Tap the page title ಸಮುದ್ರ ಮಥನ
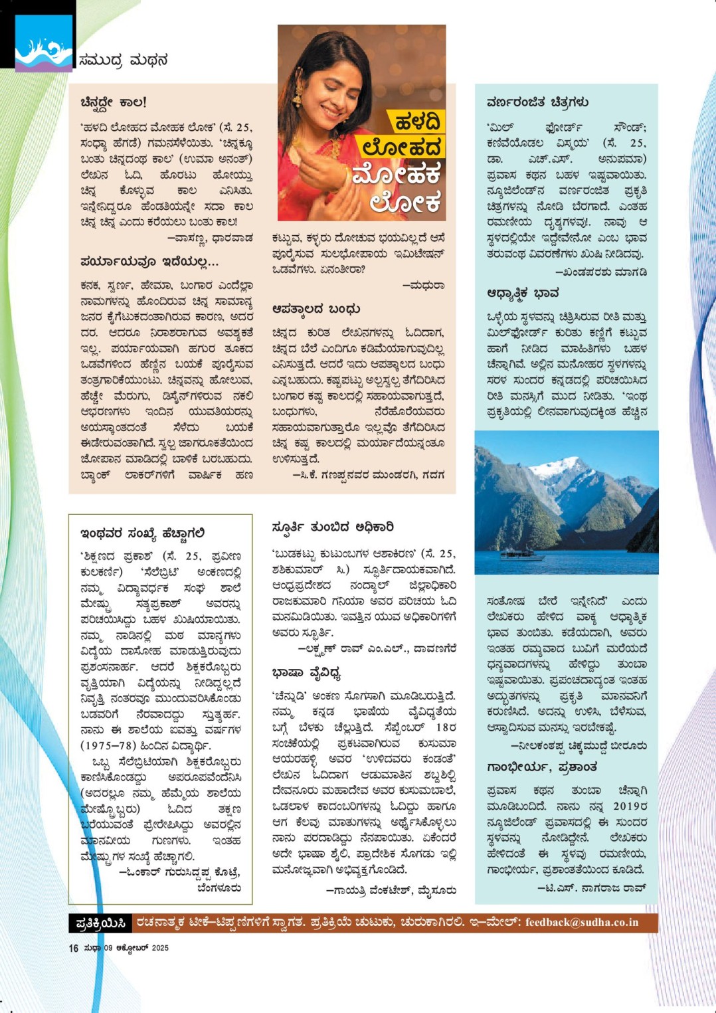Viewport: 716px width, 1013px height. point(123,60)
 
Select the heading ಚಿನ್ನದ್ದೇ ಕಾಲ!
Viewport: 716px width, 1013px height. point(113,102)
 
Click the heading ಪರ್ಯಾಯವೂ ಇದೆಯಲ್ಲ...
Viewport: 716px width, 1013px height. point(149,262)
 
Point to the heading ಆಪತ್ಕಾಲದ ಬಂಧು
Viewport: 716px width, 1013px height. point(316,309)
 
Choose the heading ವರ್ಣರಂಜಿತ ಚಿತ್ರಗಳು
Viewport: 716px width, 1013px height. point(537,102)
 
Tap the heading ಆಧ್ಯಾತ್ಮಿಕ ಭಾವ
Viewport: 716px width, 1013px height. point(523,293)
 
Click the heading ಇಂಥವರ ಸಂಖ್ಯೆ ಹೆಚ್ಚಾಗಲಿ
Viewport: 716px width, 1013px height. point(142,533)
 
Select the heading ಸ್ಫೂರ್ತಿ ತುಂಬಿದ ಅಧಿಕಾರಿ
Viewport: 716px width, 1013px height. point(333,527)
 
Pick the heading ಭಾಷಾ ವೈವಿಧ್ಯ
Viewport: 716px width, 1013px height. point(306,673)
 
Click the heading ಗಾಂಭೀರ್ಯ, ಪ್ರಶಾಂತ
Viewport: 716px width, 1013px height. point(542,767)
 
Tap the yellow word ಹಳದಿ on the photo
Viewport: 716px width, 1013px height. point(416,122)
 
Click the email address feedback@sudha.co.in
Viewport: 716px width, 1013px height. point(581,923)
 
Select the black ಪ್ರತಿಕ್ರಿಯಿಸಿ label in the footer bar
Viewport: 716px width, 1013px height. point(101,923)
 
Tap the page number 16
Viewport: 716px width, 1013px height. point(73,948)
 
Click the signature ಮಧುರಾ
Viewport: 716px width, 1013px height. point(423,285)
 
